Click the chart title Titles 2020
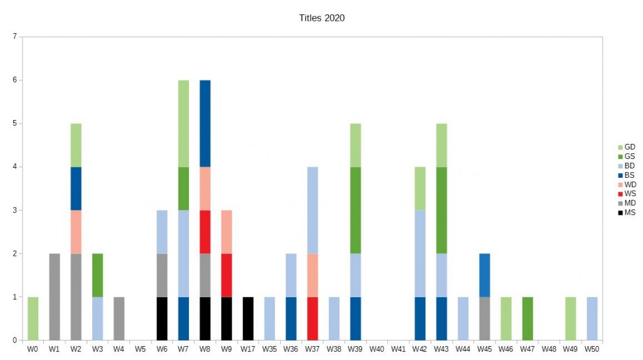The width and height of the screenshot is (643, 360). tap(321, 18)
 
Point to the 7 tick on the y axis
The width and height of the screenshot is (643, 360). tap(14, 36)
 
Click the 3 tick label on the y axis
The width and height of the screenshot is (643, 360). tap(14, 210)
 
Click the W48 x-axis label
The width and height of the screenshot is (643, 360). tap(549, 348)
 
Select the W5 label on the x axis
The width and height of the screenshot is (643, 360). tap(141, 348)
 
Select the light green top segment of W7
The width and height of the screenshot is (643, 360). tap(183, 123)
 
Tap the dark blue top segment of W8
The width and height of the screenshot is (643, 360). tap(205, 123)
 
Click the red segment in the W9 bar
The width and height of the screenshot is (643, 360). tap(227, 275)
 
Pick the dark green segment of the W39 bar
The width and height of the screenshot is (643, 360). tap(356, 210)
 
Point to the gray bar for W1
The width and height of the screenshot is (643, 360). tap(55, 297)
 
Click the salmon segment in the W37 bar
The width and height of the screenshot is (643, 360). tap(312, 275)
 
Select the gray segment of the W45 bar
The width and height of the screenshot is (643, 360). tap(484, 319)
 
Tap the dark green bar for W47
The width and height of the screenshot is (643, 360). tap(527, 319)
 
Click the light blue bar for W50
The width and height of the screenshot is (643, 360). tap(592, 319)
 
